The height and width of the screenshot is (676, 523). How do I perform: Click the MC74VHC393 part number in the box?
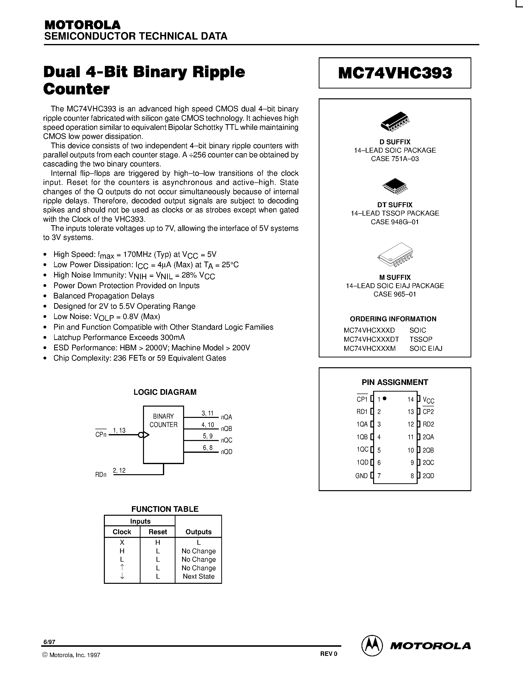[x=395, y=73]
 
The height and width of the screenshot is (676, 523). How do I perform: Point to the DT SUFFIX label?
[x=395, y=205]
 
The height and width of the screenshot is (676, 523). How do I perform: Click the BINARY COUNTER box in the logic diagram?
[x=163, y=435]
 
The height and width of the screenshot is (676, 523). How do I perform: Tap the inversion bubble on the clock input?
[x=141, y=435]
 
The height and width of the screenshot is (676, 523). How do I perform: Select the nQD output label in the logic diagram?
[x=226, y=452]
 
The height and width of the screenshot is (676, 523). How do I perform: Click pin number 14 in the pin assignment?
[x=411, y=400]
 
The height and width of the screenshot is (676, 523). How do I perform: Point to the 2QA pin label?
[x=428, y=437]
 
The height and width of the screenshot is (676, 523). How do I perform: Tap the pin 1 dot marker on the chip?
[x=384, y=399]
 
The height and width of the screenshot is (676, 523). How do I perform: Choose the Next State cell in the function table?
[x=199, y=576]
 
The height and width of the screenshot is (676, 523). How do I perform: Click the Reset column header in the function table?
[x=158, y=532]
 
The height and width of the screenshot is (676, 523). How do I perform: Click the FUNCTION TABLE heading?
[x=165, y=509]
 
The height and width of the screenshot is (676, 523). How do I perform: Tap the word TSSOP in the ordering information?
[x=421, y=339]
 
